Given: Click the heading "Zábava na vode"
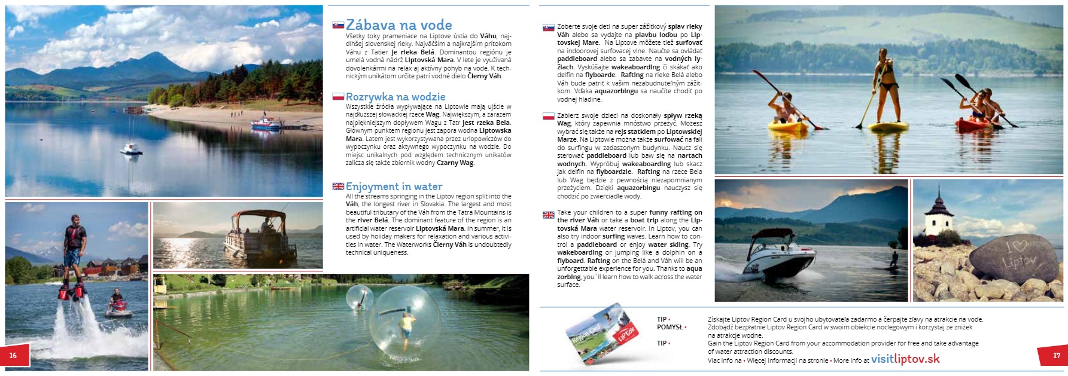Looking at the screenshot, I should pos(398,25).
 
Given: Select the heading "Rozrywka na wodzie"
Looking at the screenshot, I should pos(395,97).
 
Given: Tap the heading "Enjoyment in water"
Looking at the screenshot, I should pos(394,187).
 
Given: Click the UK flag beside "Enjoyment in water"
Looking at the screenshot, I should pos(338,187).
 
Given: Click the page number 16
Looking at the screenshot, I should pos(13,356).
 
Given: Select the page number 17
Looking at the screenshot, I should pos(1057,356).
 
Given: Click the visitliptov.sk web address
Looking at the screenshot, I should pos(905,359).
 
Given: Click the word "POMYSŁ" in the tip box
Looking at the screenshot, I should pos(670,328).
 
